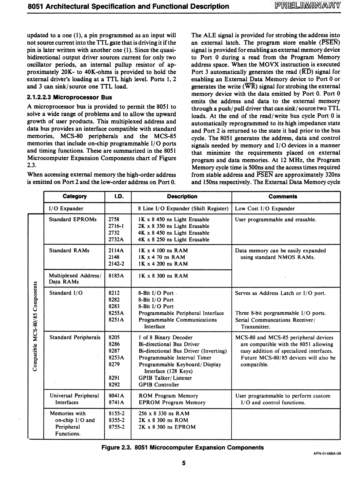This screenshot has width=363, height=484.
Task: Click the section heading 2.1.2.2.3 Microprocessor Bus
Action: [x=69, y=97]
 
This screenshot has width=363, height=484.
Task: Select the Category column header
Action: [x=74, y=196]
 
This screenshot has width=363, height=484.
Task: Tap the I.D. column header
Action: [x=119, y=196]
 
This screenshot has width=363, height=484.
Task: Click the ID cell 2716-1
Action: [x=116, y=226]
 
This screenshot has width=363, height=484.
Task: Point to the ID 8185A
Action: [x=116, y=276]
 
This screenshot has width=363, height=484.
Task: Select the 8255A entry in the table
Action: [x=116, y=313]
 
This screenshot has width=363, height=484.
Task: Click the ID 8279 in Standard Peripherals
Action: [x=114, y=365]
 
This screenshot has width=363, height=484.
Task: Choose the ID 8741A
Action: [x=116, y=402]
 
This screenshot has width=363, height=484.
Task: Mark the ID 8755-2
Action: [x=117, y=427]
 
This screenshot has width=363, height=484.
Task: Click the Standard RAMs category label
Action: [x=69, y=251]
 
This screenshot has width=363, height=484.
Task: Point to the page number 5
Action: [x=184, y=463]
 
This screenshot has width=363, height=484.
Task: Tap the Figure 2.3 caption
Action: [x=183, y=448]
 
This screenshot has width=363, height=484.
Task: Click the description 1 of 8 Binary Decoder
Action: [x=165, y=338]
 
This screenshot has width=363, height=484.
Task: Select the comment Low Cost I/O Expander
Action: [x=265, y=209]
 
